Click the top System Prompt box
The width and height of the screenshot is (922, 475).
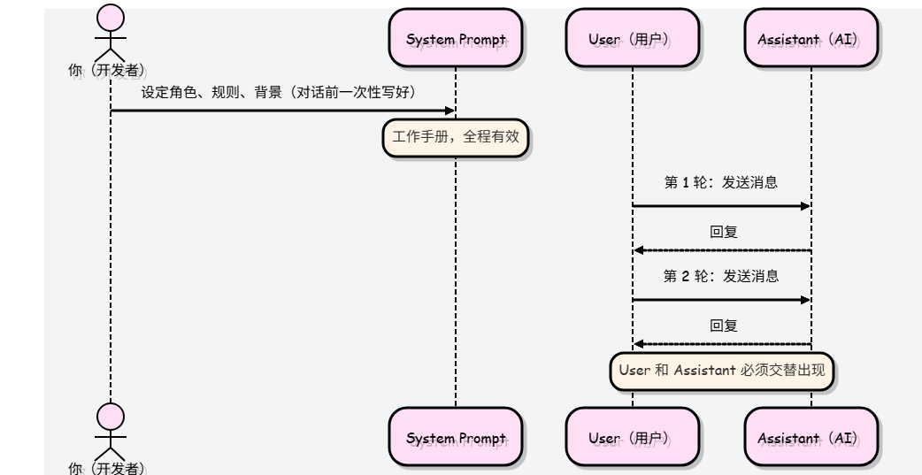(456, 38)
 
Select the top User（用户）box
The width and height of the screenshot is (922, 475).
(633, 38)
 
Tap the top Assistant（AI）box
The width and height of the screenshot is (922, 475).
(811, 38)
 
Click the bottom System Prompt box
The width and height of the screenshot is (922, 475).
(456, 437)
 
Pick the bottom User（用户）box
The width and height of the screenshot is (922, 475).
(633, 437)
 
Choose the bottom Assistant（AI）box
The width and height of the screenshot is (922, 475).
(811, 437)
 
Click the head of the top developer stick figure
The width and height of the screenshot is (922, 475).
(111, 18)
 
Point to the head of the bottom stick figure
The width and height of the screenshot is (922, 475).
(111, 417)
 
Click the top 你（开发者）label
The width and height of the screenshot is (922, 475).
(106, 71)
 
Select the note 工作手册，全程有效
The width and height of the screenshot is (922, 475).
(456, 138)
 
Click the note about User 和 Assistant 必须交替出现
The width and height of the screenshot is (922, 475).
(722, 371)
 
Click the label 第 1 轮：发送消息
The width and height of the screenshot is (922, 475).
(721, 182)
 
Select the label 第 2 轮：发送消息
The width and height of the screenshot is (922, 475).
(721, 276)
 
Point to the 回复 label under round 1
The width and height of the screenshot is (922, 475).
(723, 233)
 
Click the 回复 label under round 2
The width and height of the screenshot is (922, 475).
(723, 326)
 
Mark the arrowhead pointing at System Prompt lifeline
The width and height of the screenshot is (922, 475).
(450, 111)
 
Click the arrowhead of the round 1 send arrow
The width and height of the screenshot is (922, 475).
(805, 206)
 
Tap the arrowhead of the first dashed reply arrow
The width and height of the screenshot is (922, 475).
(639, 250)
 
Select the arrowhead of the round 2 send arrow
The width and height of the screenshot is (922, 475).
(805, 301)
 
